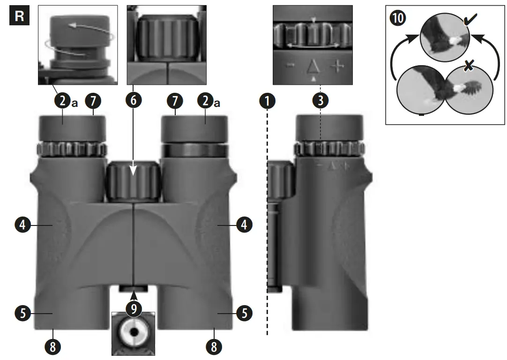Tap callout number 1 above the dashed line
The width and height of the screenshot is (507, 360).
click(x=268, y=101)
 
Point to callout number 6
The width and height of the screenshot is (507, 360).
click(x=134, y=101)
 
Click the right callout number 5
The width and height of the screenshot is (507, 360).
click(x=244, y=313)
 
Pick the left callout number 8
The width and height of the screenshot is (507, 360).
click(x=53, y=346)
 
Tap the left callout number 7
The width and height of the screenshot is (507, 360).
click(x=92, y=101)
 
